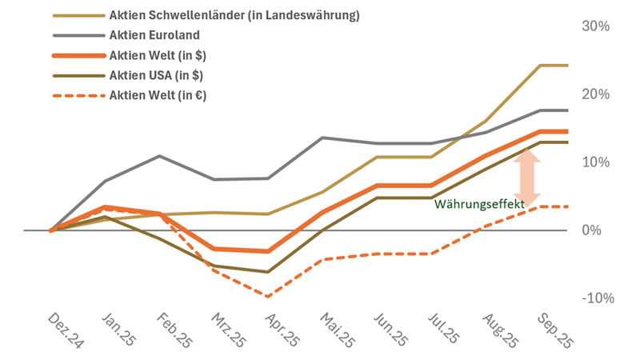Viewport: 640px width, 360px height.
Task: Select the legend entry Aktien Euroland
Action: tap(154, 35)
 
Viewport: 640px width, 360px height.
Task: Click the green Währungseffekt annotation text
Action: tap(479, 205)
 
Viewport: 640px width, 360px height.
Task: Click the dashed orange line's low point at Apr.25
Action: tap(268, 296)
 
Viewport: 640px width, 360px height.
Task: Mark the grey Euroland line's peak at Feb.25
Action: tap(160, 156)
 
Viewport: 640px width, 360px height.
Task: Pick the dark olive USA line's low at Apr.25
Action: tap(268, 272)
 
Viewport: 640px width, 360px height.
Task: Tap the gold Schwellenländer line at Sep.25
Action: tap(540, 66)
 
